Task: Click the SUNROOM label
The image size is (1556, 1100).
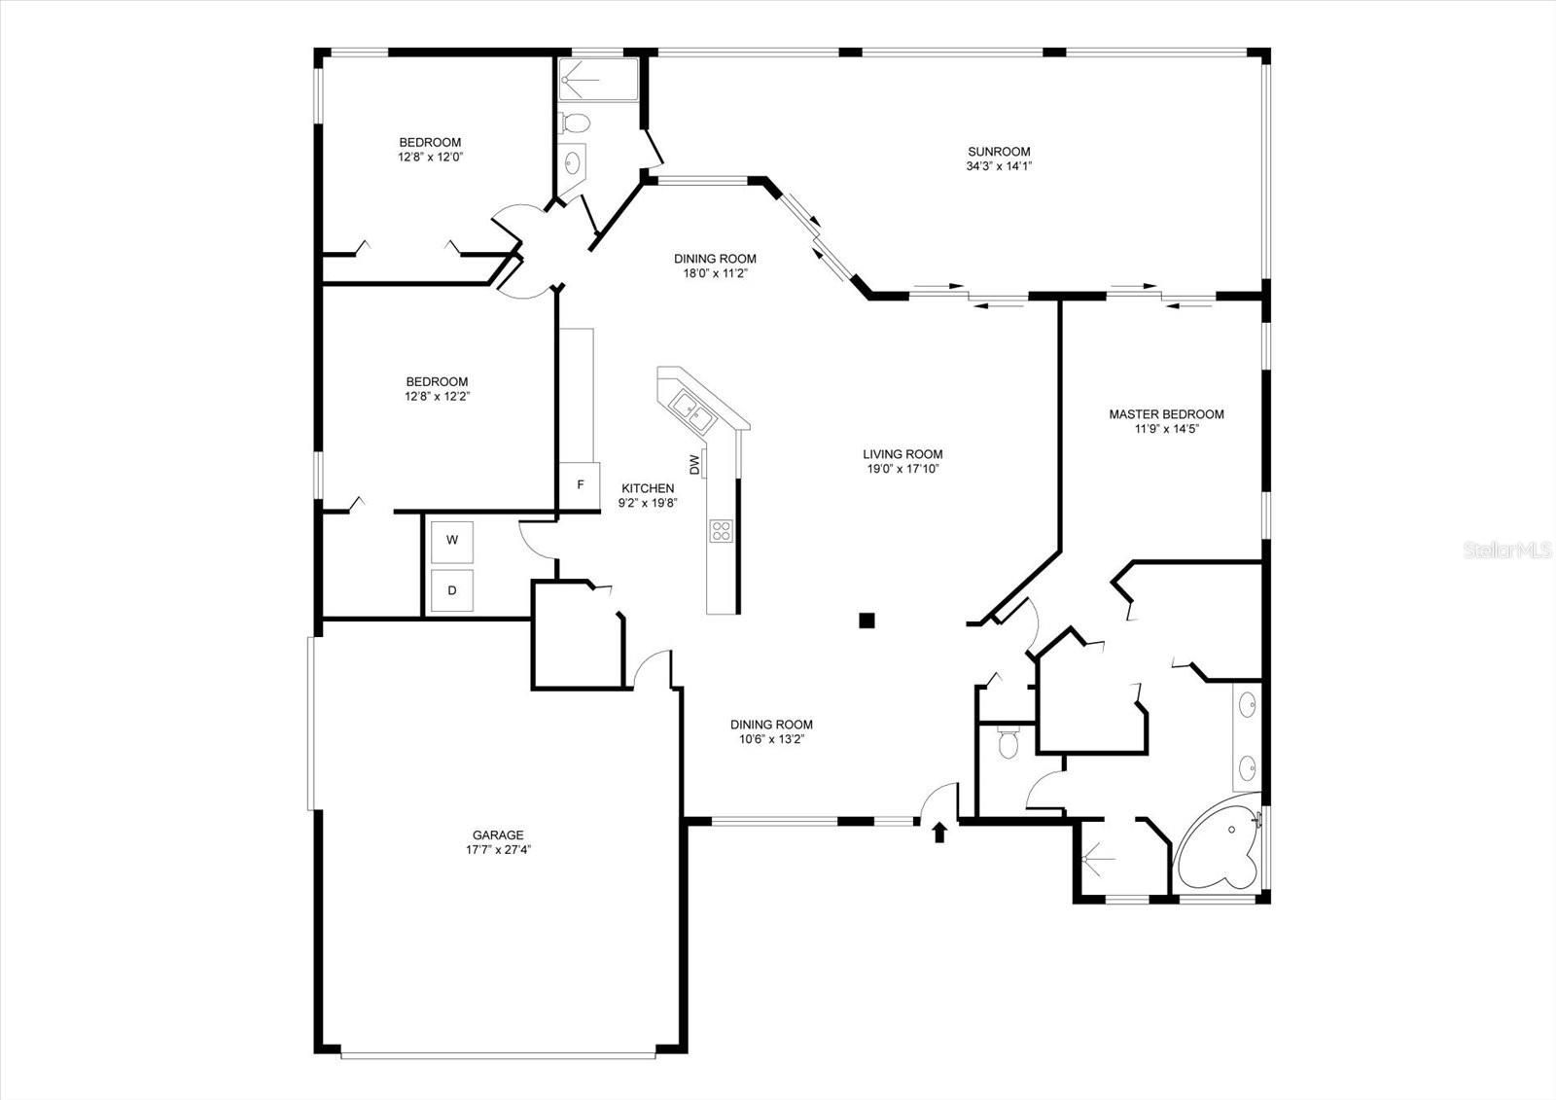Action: click(999, 152)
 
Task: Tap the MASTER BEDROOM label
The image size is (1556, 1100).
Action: click(1166, 414)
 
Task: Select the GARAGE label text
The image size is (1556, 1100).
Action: click(498, 835)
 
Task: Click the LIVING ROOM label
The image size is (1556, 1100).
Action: click(903, 454)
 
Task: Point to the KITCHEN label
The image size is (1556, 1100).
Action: click(648, 488)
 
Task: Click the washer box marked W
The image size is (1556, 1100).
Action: click(452, 542)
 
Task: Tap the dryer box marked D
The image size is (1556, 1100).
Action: click(452, 590)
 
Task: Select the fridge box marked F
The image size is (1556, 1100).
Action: click(580, 485)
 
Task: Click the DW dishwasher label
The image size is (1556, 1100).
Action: click(694, 464)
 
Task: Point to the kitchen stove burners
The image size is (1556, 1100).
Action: click(721, 531)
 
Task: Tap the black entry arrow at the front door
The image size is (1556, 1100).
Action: click(939, 832)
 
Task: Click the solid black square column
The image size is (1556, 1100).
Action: click(866, 621)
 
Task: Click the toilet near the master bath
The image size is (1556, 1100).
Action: click(1008, 742)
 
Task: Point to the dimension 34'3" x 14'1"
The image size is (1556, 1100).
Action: click(999, 166)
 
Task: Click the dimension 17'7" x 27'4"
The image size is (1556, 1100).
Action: click(498, 849)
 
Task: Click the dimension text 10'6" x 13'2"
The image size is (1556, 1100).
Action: click(771, 739)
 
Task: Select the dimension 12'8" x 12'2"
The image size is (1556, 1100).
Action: click(438, 396)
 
